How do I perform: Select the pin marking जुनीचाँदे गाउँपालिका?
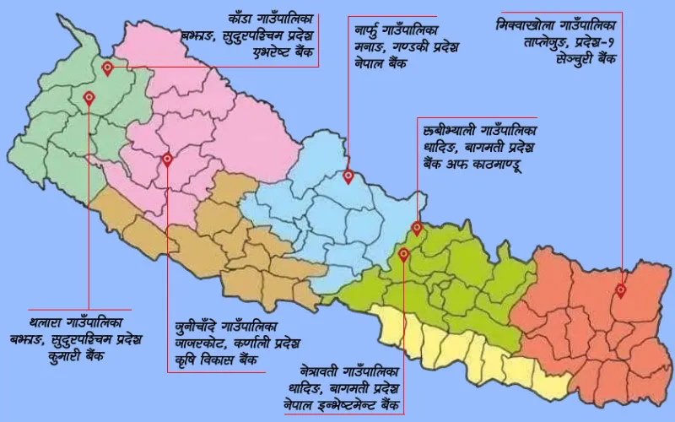pos(167,159)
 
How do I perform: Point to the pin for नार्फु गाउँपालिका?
pos(348,176)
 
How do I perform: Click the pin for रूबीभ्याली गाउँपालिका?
pos(416,228)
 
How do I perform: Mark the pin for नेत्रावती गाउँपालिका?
pos(403,253)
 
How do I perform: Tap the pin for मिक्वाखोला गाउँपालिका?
pos(621,290)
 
